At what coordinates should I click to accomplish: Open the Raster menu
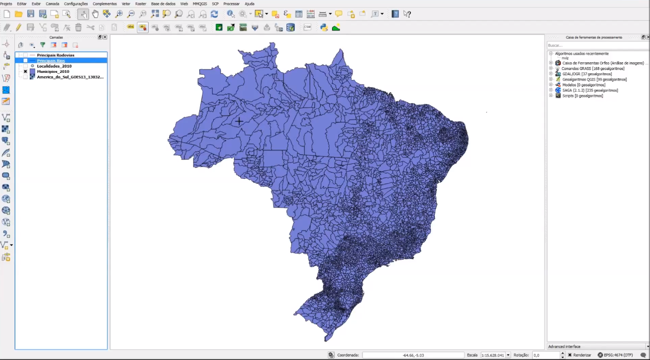click(140, 4)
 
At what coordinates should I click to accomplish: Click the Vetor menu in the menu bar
click(126, 4)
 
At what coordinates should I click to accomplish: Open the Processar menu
click(231, 4)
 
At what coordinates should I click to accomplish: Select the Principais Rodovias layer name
click(56, 55)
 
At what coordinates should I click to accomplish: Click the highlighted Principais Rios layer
click(51, 61)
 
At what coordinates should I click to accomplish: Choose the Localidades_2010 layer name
click(54, 66)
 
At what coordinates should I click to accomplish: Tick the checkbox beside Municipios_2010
click(25, 71)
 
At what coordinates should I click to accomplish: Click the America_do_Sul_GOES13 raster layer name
click(70, 77)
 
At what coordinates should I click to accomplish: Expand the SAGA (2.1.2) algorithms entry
click(551, 90)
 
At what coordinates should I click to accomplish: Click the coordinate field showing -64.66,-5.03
click(413, 355)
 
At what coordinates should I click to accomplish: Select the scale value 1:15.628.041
click(492, 355)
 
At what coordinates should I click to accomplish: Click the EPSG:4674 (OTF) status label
click(615, 355)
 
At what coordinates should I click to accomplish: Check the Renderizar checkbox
click(569, 355)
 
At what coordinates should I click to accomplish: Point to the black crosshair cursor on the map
click(239, 121)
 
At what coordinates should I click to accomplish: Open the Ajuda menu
click(249, 4)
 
